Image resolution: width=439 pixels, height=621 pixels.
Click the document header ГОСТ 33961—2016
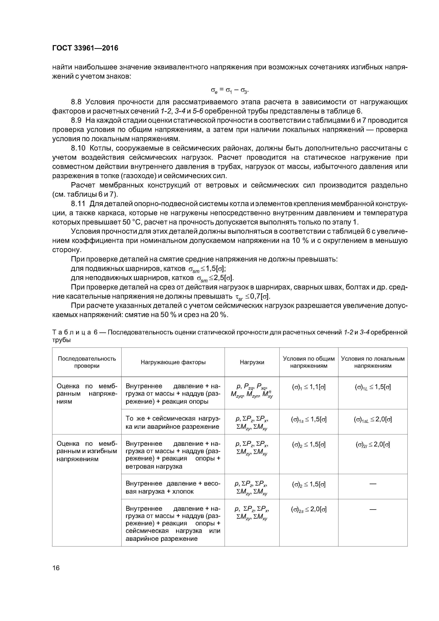(85, 48)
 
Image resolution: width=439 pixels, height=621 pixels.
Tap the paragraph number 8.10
(78, 148)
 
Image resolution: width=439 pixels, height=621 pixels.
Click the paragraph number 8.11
(78, 204)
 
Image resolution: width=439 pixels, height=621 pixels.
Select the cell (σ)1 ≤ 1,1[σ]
(309, 387)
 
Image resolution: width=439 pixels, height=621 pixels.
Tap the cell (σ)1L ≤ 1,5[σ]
(373, 387)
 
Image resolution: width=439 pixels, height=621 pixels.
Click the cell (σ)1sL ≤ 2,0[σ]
(373, 420)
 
